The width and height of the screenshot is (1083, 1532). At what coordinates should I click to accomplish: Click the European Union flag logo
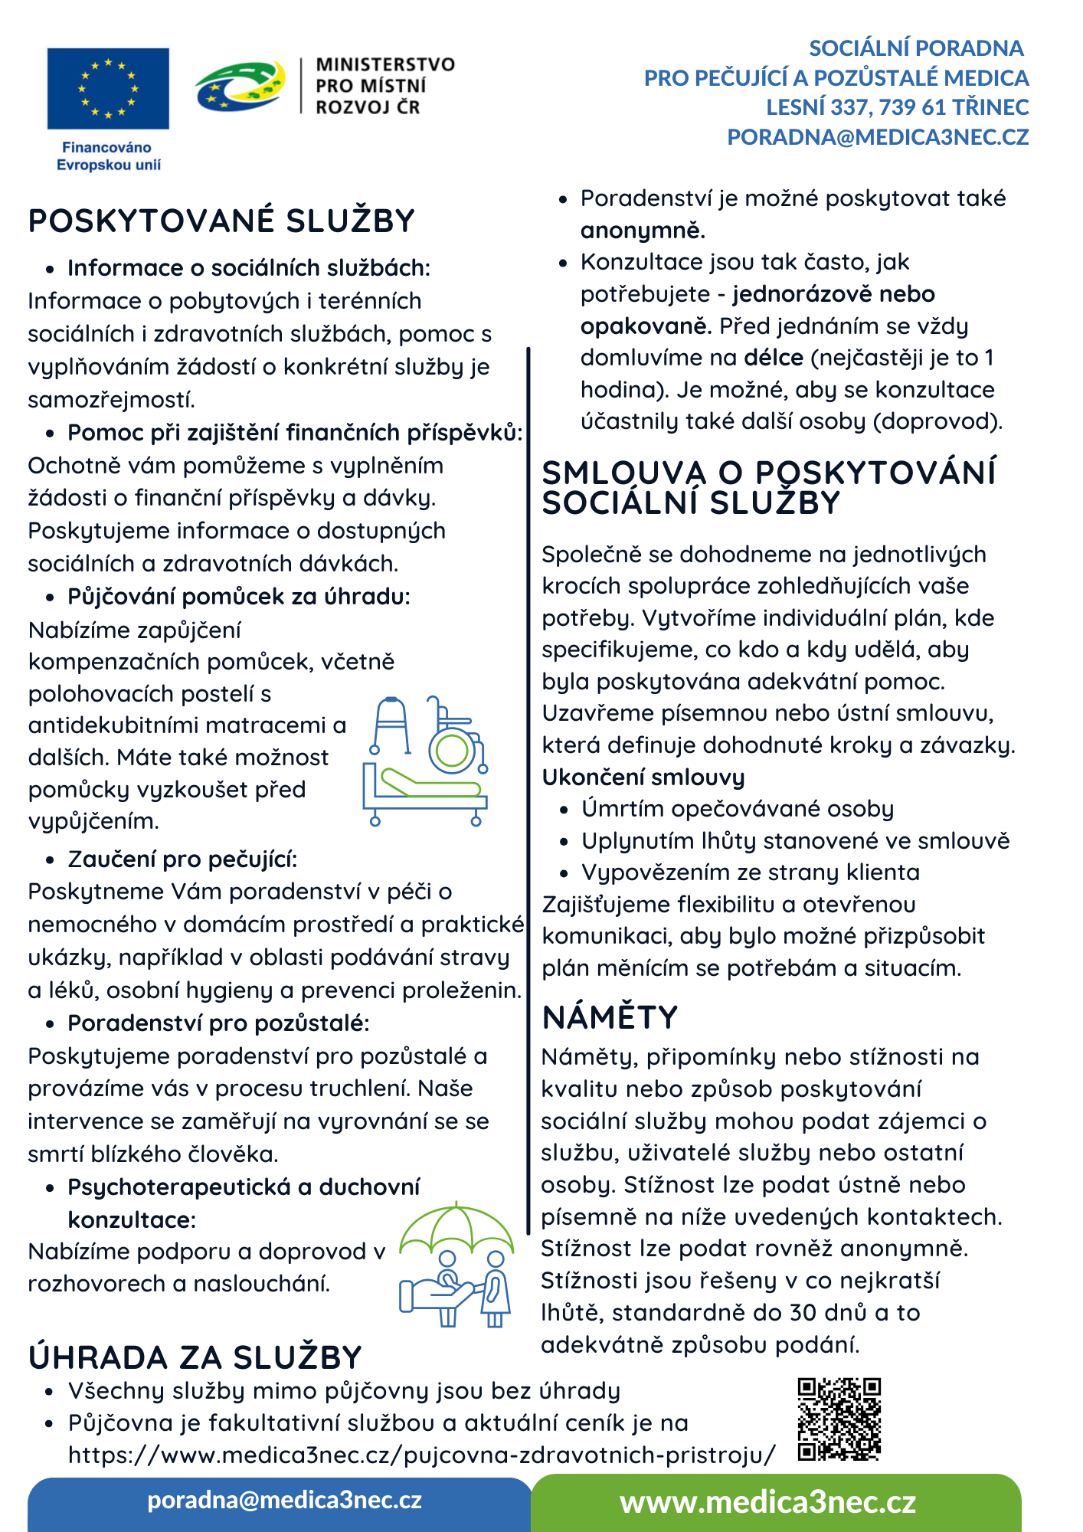click(108, 88)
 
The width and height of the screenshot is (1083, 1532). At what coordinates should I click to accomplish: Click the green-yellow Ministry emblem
click(240, 86)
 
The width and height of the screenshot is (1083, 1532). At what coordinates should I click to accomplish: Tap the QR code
click(839, 1419)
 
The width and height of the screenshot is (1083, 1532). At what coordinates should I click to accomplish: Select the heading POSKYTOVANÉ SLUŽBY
click(221, 221)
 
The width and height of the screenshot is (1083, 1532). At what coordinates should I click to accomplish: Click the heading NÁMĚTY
click(610, 1017)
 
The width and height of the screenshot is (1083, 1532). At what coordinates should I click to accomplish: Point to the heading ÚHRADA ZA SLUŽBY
click(195, 1357)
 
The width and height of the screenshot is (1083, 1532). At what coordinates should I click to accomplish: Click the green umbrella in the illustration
click(456, 1227)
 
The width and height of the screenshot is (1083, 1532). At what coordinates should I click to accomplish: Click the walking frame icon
click(391, 725)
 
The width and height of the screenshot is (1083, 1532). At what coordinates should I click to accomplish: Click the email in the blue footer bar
click(284, 1500)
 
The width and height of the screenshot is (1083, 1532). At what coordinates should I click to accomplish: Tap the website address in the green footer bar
click(767, 1502)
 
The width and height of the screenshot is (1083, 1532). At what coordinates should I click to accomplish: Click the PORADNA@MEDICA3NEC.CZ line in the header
click(878, 137)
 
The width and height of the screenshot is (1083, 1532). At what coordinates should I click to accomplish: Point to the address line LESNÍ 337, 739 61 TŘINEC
click(897, 107)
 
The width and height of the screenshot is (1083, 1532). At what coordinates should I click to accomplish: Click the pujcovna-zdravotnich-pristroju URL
click(421, 1455)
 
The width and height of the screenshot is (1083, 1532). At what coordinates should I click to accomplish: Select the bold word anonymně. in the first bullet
click(643, 231)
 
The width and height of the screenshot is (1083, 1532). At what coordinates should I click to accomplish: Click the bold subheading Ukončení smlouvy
click(643, 777)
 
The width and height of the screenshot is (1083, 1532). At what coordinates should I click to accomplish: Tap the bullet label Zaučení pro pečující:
click(182, 859)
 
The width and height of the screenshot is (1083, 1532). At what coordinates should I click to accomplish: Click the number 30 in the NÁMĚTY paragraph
click(804, 1312)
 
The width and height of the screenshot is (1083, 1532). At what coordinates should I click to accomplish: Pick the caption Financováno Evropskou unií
click(108, 156)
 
